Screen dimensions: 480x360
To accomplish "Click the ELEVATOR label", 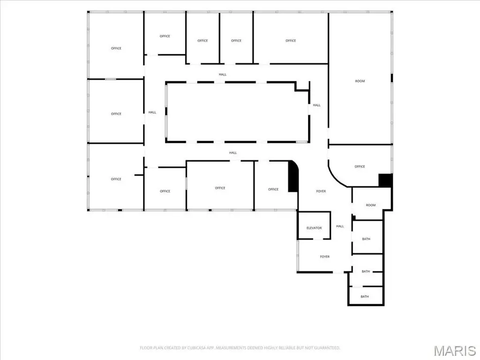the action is coord(314,228).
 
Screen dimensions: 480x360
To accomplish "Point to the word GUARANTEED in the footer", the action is coord(328,348).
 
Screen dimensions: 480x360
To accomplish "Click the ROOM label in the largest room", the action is coord(360,81).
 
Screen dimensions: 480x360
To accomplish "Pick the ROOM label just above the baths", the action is coord(371,205).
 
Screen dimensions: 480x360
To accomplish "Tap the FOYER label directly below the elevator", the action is coord(325,257).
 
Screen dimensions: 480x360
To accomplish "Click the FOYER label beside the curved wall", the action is coord(321,191).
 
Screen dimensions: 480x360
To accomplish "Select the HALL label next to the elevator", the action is coord(340,226).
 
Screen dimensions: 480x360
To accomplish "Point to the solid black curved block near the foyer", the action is coord(293,177).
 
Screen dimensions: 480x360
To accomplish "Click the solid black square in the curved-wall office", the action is coord(385,180).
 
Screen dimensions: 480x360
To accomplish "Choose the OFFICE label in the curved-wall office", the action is coord(360,166).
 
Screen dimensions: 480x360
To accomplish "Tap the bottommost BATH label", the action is coord(365,297).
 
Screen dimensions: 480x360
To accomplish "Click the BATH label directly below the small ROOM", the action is coord(366,239).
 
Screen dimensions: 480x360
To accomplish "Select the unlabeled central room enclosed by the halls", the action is coord(237,112).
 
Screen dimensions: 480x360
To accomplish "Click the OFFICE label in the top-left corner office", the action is coord(116,48).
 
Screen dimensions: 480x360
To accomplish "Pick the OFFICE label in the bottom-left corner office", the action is coord(116,179).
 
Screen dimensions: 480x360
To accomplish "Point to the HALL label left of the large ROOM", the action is coord(316,105).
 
